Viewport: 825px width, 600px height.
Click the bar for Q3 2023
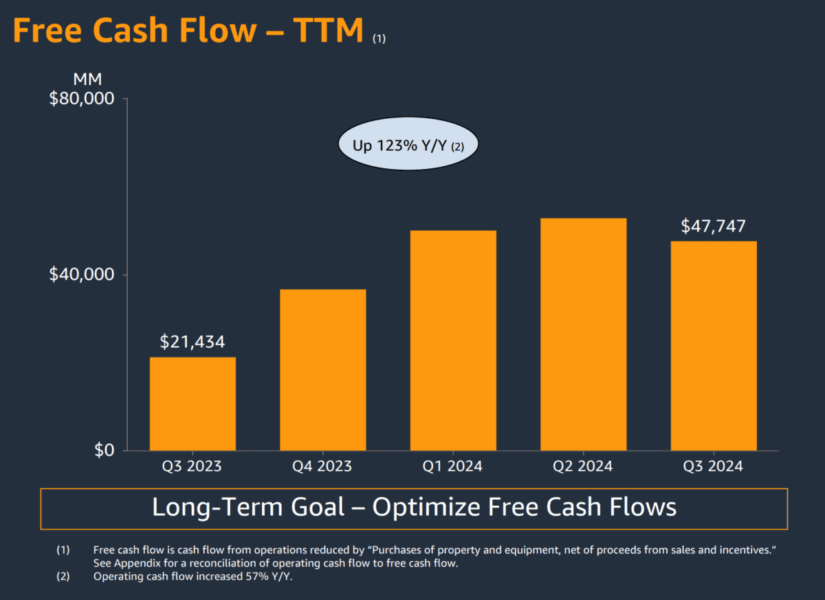[192, 403]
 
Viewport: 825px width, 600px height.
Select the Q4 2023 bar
[322, 370]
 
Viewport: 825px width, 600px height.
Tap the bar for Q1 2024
[453, 340]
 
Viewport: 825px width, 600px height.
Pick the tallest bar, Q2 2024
[583, 334]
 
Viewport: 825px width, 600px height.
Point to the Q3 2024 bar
[714, 346]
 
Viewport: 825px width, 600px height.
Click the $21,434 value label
[192, 342]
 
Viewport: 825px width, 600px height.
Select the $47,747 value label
[713, 226]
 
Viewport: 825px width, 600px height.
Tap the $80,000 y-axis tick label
[81, 99]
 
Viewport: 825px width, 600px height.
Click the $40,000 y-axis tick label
[81, 275]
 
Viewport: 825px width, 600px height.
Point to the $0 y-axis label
[104, 451]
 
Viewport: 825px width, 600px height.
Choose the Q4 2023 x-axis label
[322, 466]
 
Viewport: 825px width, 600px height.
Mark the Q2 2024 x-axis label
[583, 466]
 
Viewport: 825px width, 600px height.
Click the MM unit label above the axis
[87, 78]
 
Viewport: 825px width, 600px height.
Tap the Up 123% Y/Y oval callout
[408, 146]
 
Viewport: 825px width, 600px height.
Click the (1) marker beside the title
[379, 39]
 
